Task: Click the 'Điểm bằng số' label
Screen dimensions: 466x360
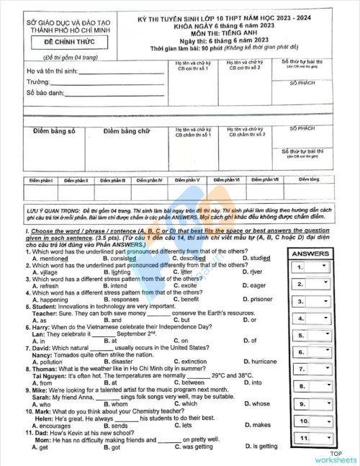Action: (x=54, y=131)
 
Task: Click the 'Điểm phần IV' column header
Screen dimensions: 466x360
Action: (x=150, y=179)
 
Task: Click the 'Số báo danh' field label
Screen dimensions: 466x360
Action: (x=43, y=92)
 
